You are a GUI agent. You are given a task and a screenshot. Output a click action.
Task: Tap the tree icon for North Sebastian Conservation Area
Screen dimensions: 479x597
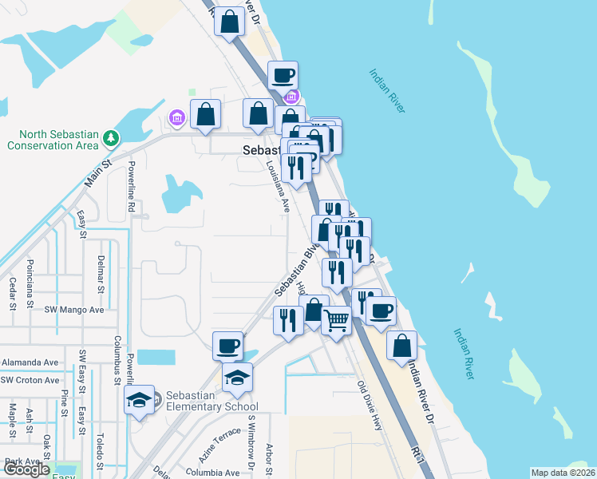[111, 140]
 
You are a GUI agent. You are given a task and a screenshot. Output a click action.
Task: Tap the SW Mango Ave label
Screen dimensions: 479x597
[74, 309]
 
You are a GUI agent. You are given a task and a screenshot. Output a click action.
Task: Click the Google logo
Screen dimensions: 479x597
[26, 470]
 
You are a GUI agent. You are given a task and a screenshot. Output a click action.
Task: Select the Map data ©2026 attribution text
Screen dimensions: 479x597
[563, 473]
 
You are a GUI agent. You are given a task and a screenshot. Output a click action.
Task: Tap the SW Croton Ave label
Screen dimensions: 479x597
[30, 381]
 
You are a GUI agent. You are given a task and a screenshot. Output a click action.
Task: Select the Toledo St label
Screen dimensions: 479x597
[100, 450]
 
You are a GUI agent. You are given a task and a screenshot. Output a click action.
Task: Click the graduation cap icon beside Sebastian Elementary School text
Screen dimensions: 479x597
[140, 402]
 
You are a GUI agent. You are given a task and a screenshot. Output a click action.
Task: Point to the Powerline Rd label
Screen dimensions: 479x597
[131, 189]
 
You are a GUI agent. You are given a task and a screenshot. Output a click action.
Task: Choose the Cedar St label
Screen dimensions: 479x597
[12, 293]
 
